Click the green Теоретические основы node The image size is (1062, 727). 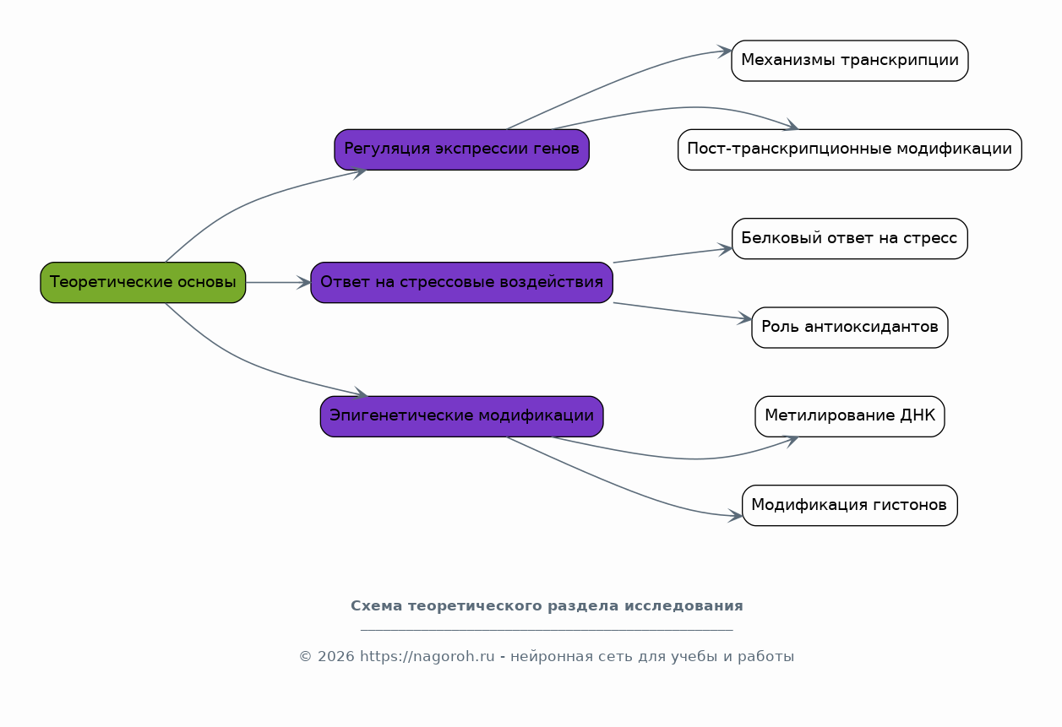click(x=143, y=283)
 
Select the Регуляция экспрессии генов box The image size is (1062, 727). click(x=462, y=149)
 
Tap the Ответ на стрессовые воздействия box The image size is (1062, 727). click(x=462, y=283)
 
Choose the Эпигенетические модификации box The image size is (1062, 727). click(x=462, y=416)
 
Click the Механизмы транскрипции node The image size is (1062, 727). click(x=850, y=61)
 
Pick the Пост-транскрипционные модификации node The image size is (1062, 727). click(x=850, y=149)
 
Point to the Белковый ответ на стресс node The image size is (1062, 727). click(x=850, y=238)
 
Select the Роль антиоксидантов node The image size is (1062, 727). click(x=850, y=328)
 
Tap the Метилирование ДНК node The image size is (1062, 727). click(x=850, y=416)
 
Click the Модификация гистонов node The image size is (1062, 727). click(x=850, y=505)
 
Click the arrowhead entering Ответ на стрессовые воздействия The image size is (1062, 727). click(x=304, y=283)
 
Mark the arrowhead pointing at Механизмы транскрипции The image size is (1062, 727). click(x=725, y=51)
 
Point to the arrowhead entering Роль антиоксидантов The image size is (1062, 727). click(x=745, y=318)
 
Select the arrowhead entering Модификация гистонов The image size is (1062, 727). click(x=735, y=516)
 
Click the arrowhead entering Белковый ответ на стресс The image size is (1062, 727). click(x=726, y=249)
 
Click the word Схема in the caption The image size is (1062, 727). click(x=377, y=605)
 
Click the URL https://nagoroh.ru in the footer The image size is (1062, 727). click(x=428, y=656)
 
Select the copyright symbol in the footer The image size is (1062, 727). click(x=305, y=656)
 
